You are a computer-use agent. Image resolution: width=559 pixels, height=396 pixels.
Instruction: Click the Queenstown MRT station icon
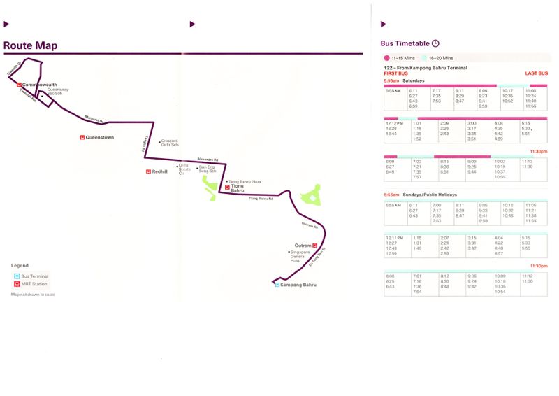tap(82, 137)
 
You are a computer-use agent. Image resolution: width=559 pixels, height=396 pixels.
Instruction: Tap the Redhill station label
tap(159, 171)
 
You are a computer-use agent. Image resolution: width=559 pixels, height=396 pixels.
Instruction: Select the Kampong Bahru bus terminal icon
tap(277, 285)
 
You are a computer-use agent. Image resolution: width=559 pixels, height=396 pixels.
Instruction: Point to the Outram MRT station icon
tap(315, 245)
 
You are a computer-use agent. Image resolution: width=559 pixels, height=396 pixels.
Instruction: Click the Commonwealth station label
tap(41, 85)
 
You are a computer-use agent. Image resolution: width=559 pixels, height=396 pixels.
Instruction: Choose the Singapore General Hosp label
tap(300, 257)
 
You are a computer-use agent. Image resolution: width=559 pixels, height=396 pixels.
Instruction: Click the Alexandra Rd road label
tap(208, 159)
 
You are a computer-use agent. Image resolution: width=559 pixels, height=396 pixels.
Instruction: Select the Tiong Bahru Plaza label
tap(245, 181)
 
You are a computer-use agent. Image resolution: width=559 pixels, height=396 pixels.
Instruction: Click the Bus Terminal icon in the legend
tap(16, 276)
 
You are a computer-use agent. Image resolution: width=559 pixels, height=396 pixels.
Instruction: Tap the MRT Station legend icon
tap(16, 284)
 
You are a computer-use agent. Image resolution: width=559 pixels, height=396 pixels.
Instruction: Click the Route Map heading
tap(30, 46)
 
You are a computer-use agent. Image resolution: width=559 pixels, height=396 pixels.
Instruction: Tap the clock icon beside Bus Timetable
tap(436, 43)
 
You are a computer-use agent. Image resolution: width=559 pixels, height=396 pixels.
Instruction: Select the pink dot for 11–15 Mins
tap(386, 58)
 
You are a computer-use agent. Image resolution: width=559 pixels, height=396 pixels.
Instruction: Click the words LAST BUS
tap(536, 73)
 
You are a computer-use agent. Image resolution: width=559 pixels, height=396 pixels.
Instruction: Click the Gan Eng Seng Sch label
tap(208, 169)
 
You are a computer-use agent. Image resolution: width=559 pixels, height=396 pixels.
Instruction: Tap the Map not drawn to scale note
tap(33, 295)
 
